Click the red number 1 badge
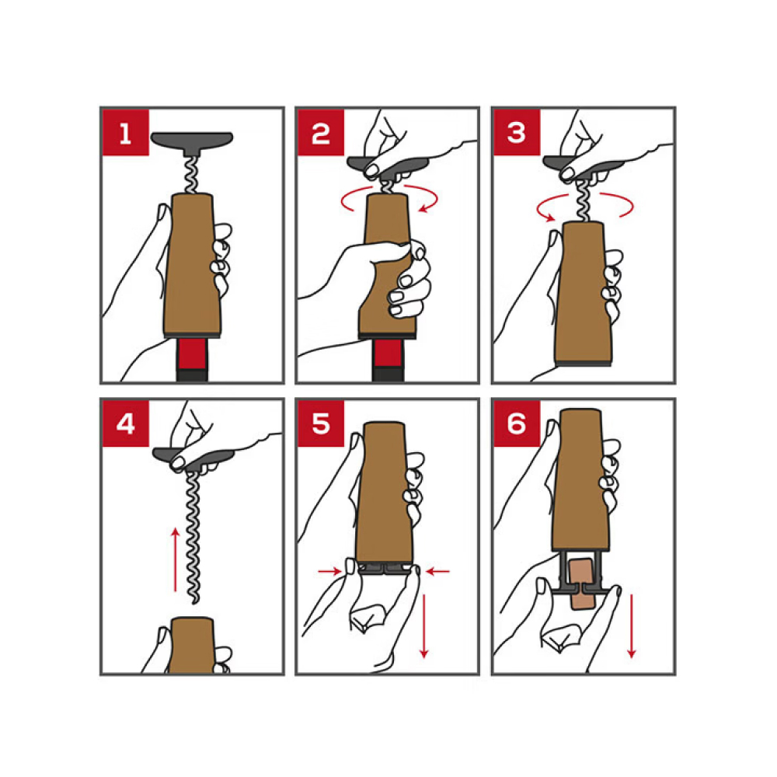coord(125,133)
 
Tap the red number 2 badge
coord(321,133)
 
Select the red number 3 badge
coord(517,133)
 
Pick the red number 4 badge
coord(125,424)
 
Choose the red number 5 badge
coord(321,424)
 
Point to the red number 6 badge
coord(517,424)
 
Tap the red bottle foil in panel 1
coord(192,354)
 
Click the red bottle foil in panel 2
coord(388,354)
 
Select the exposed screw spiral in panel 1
coord(191,175)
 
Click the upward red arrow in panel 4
coord(175,560)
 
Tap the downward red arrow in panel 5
coord(423,626)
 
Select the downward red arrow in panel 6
coord(631,626)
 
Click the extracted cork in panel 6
coord(582,584)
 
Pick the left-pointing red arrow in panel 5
coord(438,571)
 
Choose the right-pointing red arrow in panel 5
coord(330,571)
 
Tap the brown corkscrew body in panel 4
coord(192,645)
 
